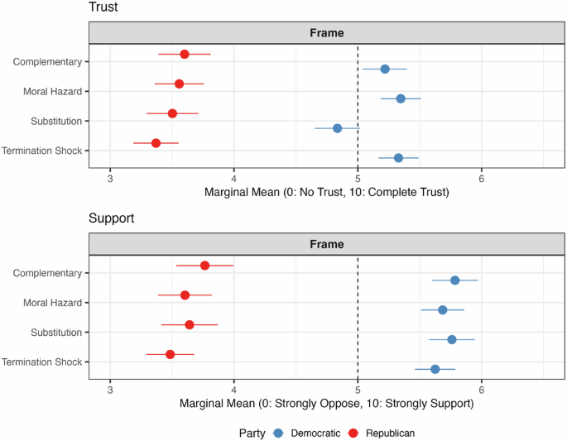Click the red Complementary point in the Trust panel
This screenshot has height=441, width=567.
pyautogui.click(x=185, y=55)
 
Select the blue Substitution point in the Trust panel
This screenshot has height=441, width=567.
pyautogui.click(x=337, y=128)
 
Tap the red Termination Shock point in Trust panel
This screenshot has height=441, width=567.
pyautogui.click(x=156, y=143)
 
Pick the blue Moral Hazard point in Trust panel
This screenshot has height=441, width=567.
pyautogui.click(x=401, y=98)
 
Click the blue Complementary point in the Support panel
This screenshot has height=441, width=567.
pyautogui.click(x=454, y=280)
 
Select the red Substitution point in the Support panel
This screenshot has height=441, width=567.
pyautogui.click(x=190, y=324)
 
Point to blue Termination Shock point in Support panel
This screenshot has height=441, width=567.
pyautogui.click(x=435, y=369)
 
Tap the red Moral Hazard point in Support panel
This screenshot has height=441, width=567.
pyautogui.click(x=185, y=295)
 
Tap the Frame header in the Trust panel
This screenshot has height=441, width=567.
pyautogui.click(x=327, y=33)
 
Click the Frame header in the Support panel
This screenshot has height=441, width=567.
pyautogui.click(x=327, y=244)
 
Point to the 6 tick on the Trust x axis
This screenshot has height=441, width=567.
pyautogui.click(x=481, y=177)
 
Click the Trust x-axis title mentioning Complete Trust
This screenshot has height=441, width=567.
pyautogui.click(x=327, y=192)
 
